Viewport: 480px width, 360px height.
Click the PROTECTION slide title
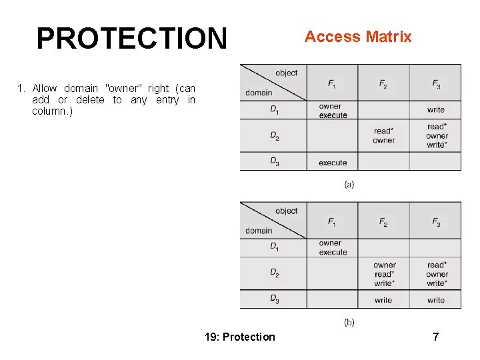click(x=131, y=39)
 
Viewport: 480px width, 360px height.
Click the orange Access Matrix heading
click(x=358, y=37)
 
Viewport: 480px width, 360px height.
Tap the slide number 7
click(x=435, y=337)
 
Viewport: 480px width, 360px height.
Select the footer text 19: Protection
click(x=240, y=337)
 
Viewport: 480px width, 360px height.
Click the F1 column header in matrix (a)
click(x=332, y=84)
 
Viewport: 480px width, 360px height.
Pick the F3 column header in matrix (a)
click(x=436, y=84)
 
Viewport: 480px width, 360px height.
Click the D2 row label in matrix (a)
click(x=275, y=136)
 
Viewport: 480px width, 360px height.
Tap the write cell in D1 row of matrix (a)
click(x=436, y=109)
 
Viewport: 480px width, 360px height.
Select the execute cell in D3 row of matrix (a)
click(x=333, y=163)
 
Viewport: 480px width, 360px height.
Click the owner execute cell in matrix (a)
click(x=333, y=111)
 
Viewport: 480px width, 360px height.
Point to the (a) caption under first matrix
click(x=349, y=184)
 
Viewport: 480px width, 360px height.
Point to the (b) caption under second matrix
click(x=349, y=322)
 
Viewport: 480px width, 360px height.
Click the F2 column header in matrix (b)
click(x=383, y=223)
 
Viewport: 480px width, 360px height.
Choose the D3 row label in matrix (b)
click(x=275, y=299)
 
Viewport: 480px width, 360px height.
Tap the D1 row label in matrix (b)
click(x=275, y=247)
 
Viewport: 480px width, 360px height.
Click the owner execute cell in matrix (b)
click(x=333, y=248)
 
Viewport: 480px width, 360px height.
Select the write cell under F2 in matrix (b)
click(x=383, y=300)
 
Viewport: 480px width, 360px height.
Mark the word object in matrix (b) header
click(x=286, y=211)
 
